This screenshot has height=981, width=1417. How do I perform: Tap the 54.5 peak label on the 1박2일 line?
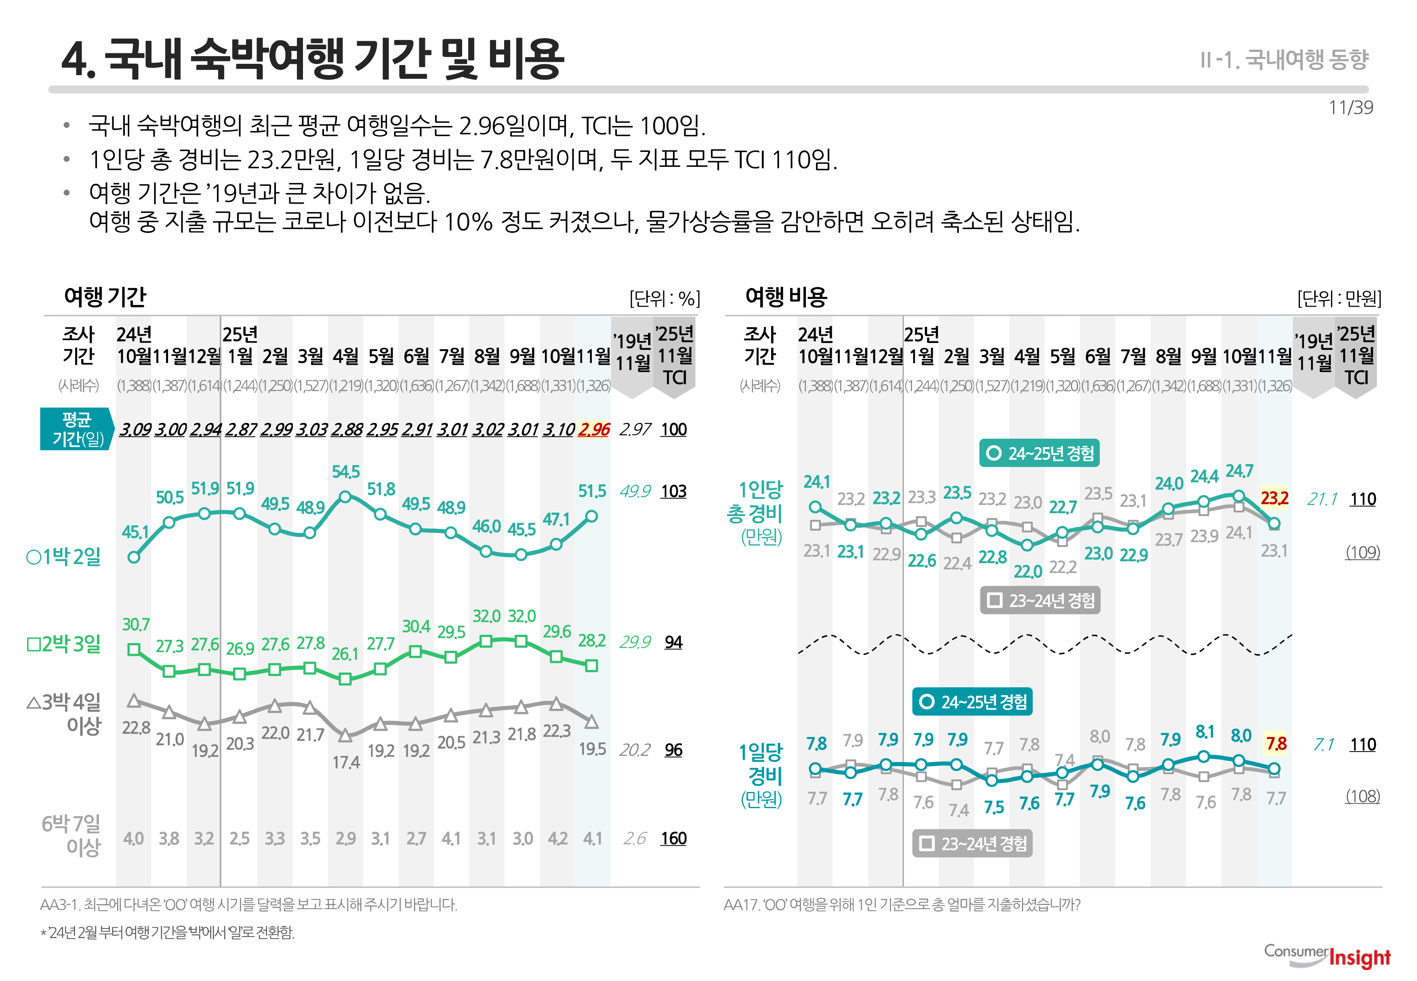pos(345,472)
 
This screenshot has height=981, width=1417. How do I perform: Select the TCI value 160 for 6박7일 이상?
pos(673,838)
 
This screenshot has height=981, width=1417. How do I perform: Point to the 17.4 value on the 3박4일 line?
pos(346,763)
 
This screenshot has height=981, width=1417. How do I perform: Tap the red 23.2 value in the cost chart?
pos(1274,498)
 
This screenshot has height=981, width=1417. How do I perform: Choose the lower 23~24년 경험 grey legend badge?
pos(972,843)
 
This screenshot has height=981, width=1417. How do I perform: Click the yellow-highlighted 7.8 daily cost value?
pos(1276,744)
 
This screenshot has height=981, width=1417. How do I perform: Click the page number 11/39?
pos(1350,107)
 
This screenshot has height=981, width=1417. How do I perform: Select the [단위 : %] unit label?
pos(664,299)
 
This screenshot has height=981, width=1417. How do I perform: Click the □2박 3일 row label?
pos(63,644)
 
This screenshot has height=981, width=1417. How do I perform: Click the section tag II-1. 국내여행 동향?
pos(1284,60)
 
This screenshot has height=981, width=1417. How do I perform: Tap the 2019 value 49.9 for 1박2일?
pos(635,491)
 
